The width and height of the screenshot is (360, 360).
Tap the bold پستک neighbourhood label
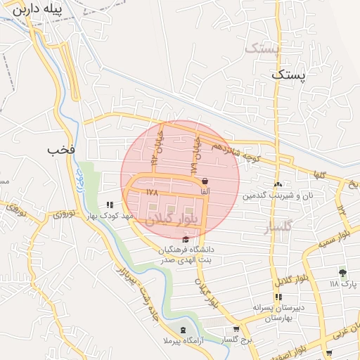click(x=290, y=74)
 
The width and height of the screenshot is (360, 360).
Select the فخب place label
click(x=60, y=150)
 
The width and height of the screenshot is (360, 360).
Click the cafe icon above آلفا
click(x=204, y=180)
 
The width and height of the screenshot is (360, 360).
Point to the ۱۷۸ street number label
click(x=152, y=191)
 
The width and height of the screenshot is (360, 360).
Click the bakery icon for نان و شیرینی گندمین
click(x=278, y=184)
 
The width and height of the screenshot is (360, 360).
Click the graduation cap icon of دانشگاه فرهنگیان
click(x=186, y=240)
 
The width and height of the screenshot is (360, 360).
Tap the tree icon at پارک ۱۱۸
click(x=343, y=272)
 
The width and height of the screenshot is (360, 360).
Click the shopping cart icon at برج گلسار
click(x=236, y=328)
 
